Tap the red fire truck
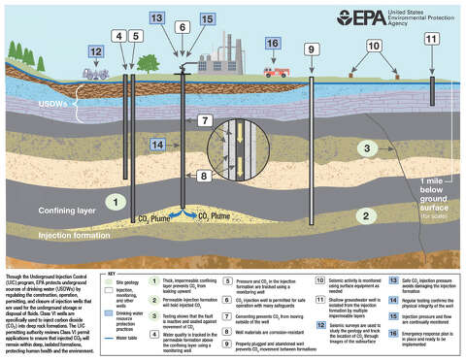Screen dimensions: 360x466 (276, 70)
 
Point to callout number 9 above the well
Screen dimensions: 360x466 (311, 49)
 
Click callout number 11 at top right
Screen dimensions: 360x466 (430, 38)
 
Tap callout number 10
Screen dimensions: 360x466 (374, 46)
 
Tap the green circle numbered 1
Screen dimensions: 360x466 (115, 202)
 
